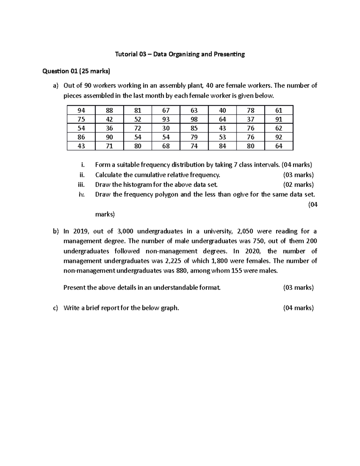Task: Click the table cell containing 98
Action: point(194,119)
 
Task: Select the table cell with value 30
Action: point(166,128)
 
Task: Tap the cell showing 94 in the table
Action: point(81,110)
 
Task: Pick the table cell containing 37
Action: point(250,119)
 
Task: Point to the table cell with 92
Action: point(279,137)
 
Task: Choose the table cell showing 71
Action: point(109,146)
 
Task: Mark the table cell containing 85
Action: point(194,128)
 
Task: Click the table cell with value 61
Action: point(279,110)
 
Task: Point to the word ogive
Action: point(239,194)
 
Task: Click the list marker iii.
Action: point(81,185)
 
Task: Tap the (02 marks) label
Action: point(298,185)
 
